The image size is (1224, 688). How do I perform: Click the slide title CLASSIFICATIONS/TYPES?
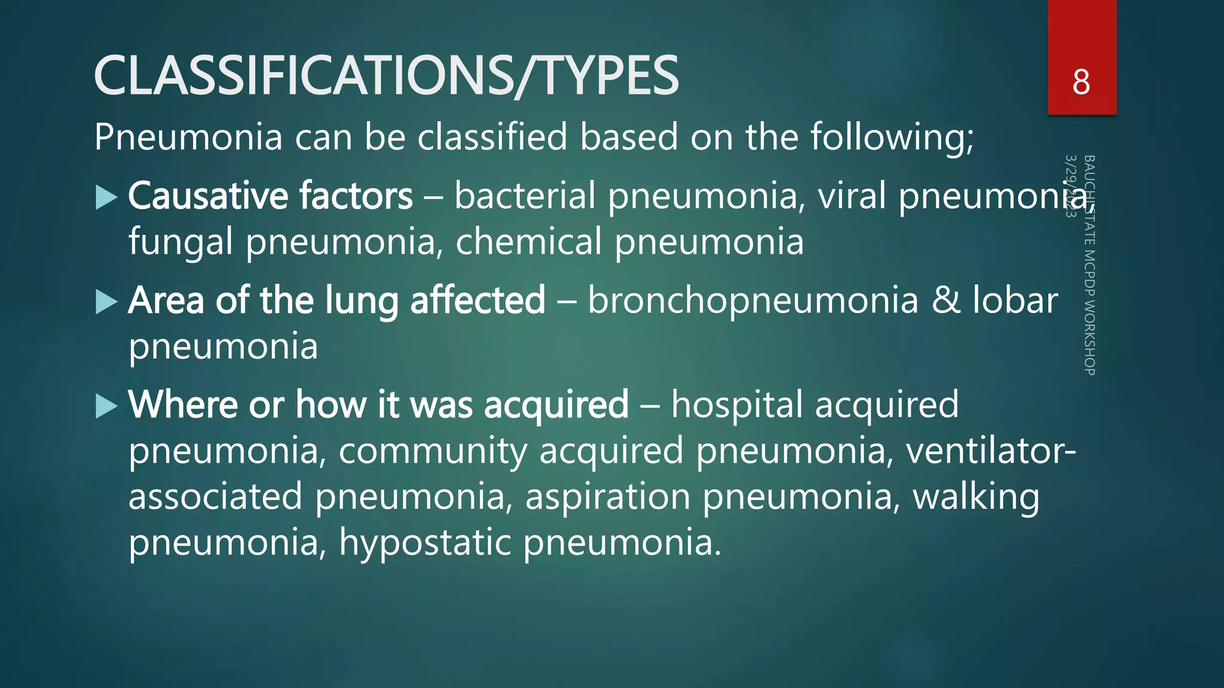(x=386, y=75)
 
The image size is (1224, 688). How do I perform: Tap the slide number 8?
(x=1081, y=82)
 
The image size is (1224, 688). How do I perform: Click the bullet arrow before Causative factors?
(x=106, y=198)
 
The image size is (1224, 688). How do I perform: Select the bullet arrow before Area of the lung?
(x=106, y=302)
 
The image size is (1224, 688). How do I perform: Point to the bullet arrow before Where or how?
(x=106, y=407)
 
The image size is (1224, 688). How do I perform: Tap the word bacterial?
(x=525, y=196)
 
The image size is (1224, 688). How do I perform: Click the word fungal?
(x=180, y=242)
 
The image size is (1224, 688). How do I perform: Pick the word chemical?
(x=528, y=242)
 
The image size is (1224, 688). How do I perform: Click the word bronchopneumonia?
(x=752, y=300)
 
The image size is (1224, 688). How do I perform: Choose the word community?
(x=433, y=451)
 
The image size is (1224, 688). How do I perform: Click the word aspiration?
(x=607, y=497)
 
